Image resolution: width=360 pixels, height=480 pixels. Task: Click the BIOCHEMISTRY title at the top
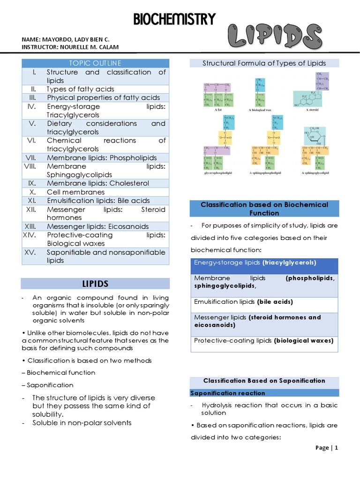174,20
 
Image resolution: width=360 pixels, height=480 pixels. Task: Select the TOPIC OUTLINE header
95,63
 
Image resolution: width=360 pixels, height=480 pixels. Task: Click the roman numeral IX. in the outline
32,183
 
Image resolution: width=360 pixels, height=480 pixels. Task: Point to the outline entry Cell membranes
75,192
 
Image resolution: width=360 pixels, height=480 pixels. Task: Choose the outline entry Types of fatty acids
80,89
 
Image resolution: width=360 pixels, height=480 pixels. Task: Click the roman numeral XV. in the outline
32,252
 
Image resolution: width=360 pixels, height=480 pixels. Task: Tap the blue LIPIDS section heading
95,284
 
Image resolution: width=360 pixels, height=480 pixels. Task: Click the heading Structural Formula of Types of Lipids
264,63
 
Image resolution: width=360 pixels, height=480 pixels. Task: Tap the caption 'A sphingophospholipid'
265,172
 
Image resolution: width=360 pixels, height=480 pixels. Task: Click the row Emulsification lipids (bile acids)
244,302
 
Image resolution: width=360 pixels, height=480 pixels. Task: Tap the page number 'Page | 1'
327,448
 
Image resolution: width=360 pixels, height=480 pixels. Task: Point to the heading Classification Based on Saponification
264,381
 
